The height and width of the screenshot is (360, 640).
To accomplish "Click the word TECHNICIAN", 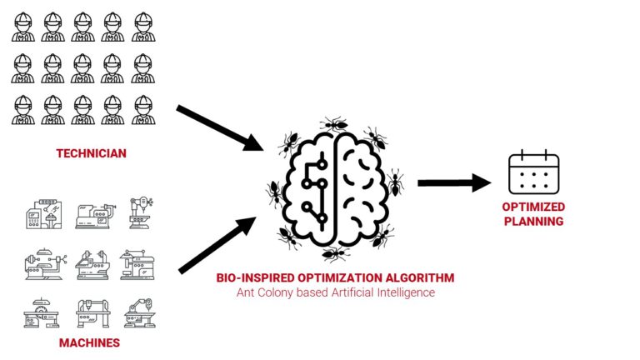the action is tap(92, 153).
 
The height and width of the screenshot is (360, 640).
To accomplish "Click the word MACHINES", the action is tap(89, 342).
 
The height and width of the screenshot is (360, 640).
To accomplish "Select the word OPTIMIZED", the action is tap(533, 207).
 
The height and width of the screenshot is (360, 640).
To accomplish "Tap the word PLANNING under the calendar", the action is tap(533, 221).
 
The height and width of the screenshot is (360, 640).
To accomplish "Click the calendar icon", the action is tap(534, 172).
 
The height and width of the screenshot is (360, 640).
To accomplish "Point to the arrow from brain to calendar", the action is tap(454, 182).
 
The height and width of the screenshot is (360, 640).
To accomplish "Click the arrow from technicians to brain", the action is tap(220, 128).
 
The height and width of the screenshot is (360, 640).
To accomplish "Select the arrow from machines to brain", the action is tap(217, 245).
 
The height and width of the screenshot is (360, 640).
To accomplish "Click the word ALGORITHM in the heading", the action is tap(420, 278).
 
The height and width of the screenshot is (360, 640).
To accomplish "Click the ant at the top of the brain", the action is tap(334, 123).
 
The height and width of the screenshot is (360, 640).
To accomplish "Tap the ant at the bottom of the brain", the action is tap(335, 254).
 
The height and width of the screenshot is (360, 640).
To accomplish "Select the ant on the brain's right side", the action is tap(395, 182).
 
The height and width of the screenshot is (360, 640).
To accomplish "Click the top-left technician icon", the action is tap(22, 27).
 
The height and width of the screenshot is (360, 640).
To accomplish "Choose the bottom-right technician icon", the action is tap(143, 110).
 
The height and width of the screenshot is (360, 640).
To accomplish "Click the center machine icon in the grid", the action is tap(92, 264).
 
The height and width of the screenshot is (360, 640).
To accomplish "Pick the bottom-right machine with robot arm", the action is tap(140, 313).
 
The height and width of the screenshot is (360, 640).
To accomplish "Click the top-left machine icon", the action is tap(44, 214).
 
